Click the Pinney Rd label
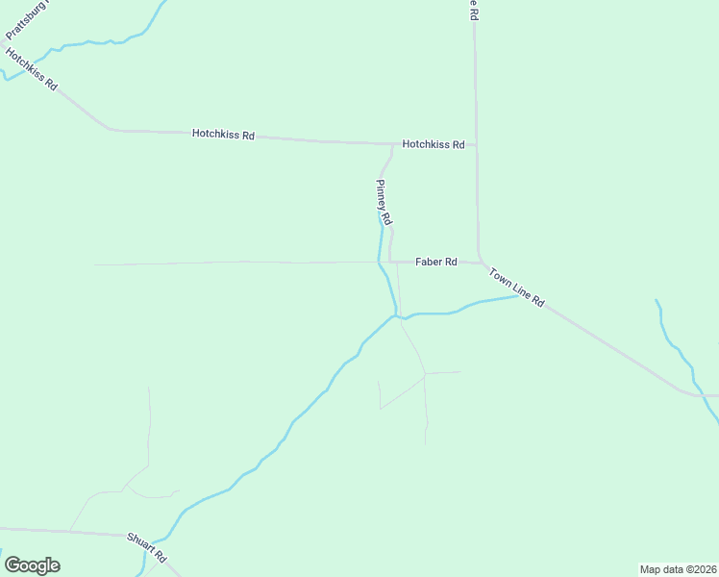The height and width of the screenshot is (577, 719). pos(384,202)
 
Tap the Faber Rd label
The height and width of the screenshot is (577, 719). pos(435,262)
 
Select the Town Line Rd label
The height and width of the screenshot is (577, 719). pos(516,288)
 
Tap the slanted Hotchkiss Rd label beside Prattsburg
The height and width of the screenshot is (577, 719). pos(32,69)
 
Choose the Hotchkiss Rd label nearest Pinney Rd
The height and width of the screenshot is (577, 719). pos(433,144)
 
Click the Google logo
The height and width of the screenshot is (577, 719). pos(32,565)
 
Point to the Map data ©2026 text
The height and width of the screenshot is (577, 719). pos(678,568)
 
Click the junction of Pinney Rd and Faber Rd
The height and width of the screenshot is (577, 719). pos(389,262)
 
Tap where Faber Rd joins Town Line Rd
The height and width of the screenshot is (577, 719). pos(480,262)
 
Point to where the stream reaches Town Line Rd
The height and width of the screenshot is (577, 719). pos(520,295)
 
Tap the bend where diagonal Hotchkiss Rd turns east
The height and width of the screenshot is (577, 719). pos(111,129)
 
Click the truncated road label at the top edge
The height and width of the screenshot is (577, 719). pos(472,10)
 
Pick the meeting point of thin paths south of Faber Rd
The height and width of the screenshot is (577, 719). pos(425,373)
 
